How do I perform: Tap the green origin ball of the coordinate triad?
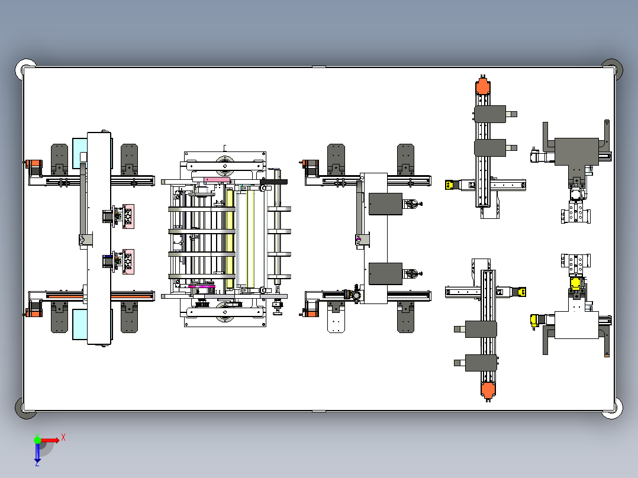click(x=38, y=440)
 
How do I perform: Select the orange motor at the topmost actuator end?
click(x=483, y=87)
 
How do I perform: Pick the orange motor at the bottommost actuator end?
click(x=488, y=389)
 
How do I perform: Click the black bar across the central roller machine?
click(x=273, y=182)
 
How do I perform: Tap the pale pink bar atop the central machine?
click(x=216, y=180)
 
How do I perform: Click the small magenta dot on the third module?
click(x=359, y=239)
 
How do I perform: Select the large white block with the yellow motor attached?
click(x=576, y=325)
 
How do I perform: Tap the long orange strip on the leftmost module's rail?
click(x=59, y=295)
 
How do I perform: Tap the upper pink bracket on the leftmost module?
click(x=128, y=216)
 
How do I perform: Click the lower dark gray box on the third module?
click(x=385, y=273)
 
